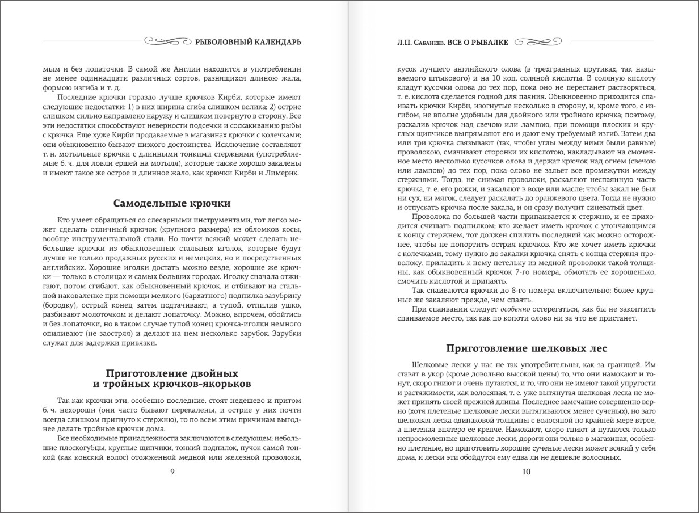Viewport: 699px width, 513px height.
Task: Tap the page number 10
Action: click(x=526, y=472)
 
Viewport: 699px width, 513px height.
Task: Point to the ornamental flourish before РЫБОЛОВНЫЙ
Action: click(x=169, y=41)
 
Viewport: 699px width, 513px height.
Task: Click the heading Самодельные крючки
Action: click(x=172, y=203)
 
